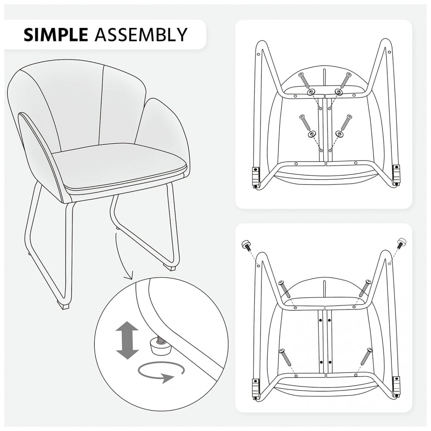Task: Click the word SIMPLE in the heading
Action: (x=56, y=34)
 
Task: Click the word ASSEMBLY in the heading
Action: (x=141, y=34)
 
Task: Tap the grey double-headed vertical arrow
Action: (x=127, y=341)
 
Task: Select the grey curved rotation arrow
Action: (x=161, y=372)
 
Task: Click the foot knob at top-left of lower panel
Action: (x=246, y=245)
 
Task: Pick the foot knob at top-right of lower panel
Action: (x=401, y=243)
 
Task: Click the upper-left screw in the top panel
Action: (x=304, y=81)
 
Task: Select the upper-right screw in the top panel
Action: (x=345, y=81)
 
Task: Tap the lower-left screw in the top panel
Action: (x=305, y=123)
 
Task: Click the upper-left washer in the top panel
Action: (x=312, y=93)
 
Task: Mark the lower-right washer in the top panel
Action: (x=340, y=134)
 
